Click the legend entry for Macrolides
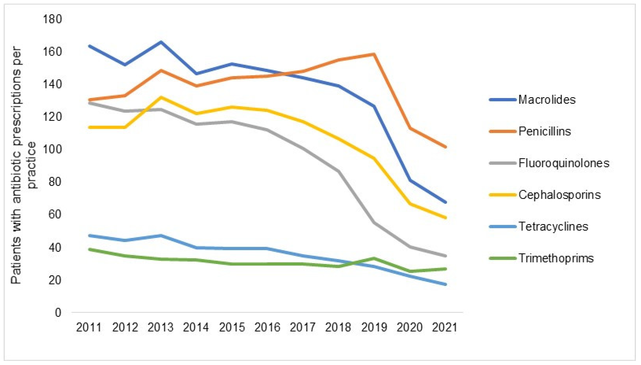(546, 100)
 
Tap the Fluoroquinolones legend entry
(563, 163)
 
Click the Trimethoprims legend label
(556, 258)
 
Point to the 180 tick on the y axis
(52, 19)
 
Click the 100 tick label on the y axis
(52, 150)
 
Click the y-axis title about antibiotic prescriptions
(24, 165)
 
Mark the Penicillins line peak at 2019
(374, 54)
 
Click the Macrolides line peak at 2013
(161, 42)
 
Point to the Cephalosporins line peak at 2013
(161, 97)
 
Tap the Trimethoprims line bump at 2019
(374, 258)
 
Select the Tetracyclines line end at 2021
(445, 284)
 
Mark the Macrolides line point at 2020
(410, 180)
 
